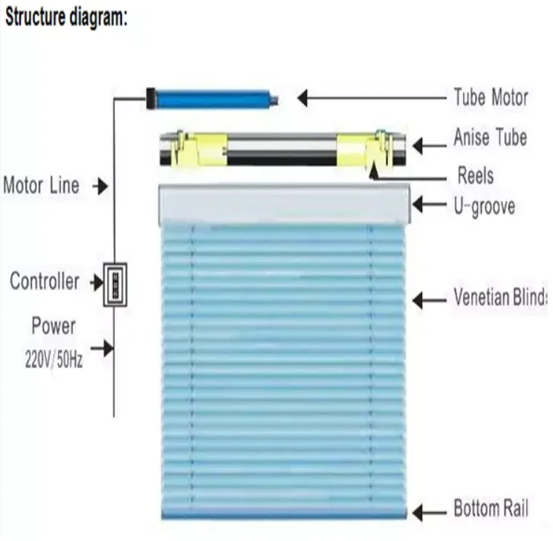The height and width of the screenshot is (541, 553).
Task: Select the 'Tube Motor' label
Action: [x=491, y=97]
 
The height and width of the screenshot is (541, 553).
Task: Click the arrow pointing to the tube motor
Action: [x=372, y=98]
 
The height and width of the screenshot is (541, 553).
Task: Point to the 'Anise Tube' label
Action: [x=490, y=137]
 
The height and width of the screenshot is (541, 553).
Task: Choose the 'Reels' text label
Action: [x=475, y=176]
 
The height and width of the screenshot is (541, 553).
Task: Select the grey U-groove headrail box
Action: [x=284, y=204]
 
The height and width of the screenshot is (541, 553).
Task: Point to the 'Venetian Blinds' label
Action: [x=499, y=298]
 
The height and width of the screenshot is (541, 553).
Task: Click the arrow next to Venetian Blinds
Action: [x=427, y=300]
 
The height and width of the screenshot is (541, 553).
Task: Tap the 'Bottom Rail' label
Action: [x=491, y=509]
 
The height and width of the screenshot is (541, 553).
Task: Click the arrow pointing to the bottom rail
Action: [x=427, y=512]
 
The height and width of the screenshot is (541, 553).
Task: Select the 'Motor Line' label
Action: [x=41, y=185]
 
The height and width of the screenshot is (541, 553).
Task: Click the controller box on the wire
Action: [x=114, y=284]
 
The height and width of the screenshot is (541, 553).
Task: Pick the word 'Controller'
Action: [x=44, y=282]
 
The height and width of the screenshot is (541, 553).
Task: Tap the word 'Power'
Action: [x=53, y=326]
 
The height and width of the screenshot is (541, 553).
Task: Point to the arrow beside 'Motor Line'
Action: [x=99, y=186]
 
